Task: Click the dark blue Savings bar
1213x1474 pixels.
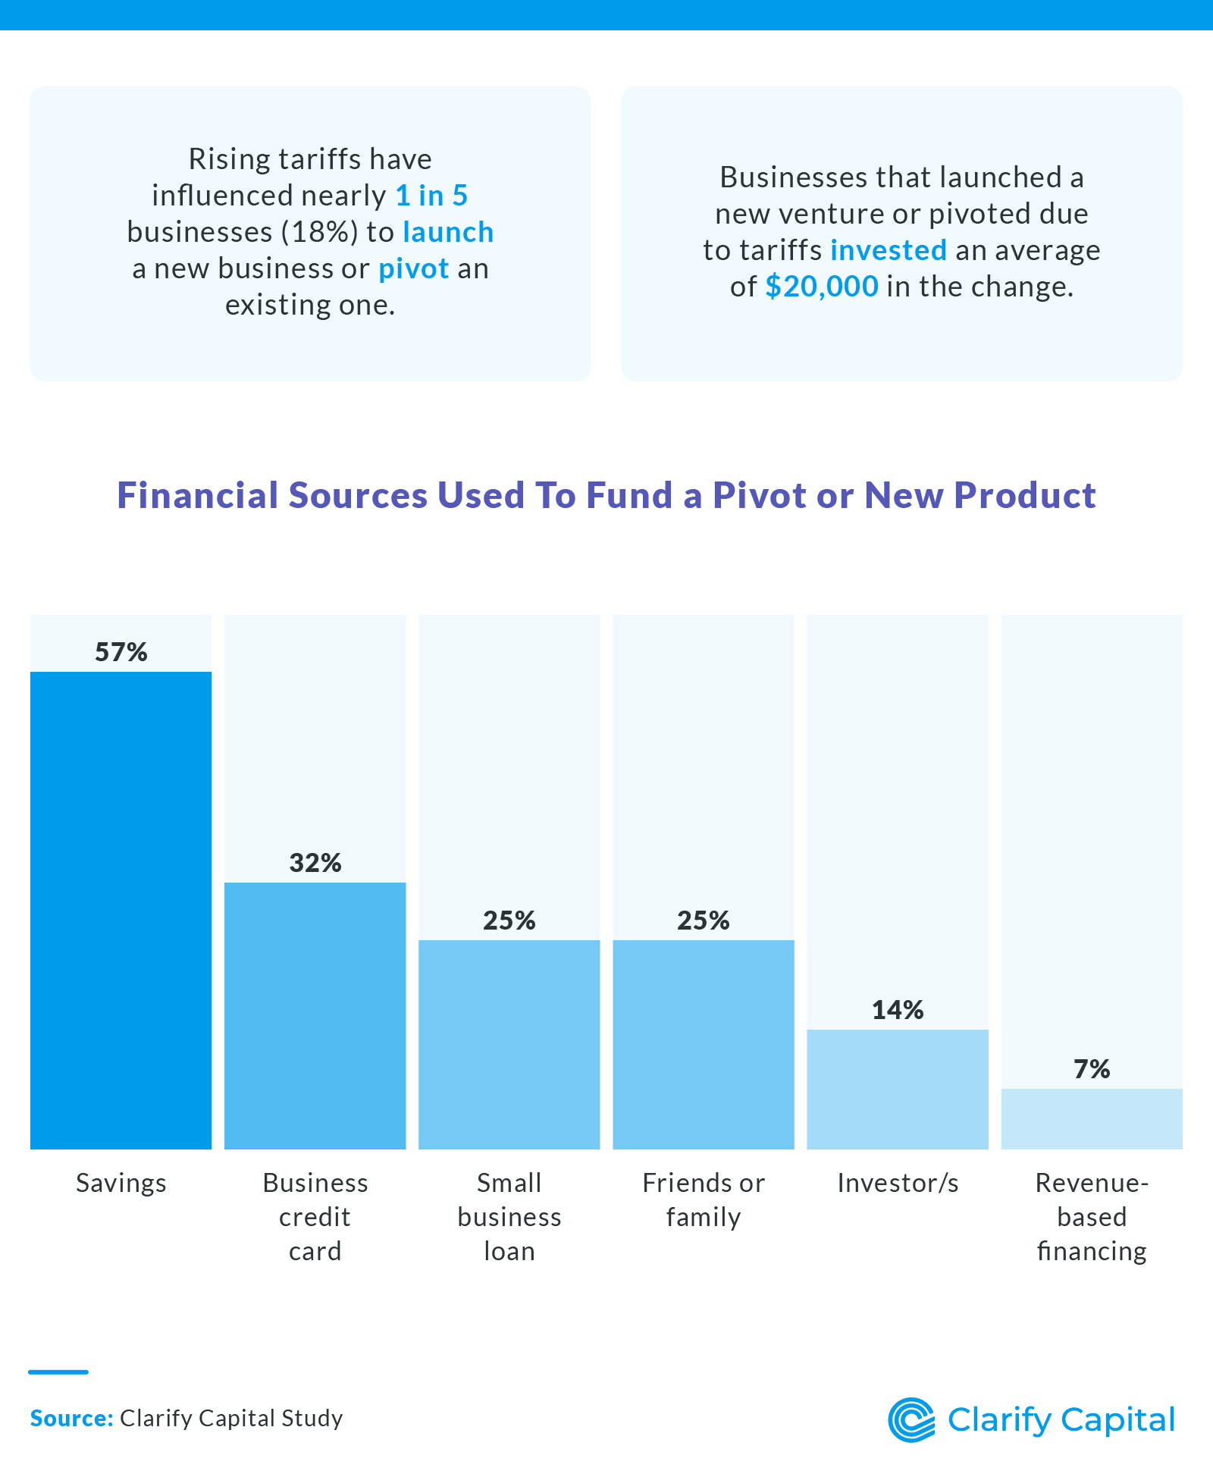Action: click(121, 910)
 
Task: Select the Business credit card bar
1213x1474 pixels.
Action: click(315, 1016)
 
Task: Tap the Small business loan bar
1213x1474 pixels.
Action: click(509, 1045)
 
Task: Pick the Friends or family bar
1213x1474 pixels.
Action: click(703, 1045)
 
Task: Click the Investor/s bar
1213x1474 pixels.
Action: click(897, 1090)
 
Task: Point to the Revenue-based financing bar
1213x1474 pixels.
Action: click(1091, 1119)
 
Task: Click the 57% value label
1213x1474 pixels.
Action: click(121, 652)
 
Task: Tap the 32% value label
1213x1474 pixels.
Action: click(315, 863)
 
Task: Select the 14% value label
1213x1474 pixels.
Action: click(897, 1010)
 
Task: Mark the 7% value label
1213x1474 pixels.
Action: click(1091, 1069)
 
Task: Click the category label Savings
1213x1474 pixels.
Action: click(121, 1183)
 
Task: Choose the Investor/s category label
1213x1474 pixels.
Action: click(897, 1183)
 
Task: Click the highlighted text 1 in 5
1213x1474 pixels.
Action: click(431, 196)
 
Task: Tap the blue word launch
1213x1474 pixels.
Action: click(448, 232)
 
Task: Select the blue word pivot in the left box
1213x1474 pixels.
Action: click(414, 268)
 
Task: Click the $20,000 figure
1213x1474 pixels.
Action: click(822, 287)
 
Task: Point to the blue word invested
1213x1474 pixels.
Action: click(889, 250)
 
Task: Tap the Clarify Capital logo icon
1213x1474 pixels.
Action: click(911, 1419)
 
